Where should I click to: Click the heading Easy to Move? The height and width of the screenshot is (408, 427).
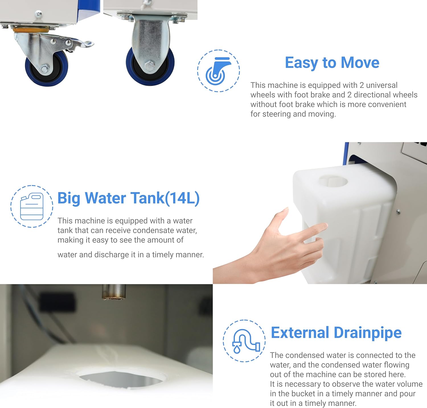point(332,63)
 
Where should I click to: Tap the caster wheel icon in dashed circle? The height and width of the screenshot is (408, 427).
point(218,71)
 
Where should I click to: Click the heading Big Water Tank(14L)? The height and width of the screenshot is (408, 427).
point(128,198)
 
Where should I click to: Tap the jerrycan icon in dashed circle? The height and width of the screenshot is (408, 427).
point(32,207)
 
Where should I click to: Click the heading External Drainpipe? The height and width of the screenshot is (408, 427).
point(336,333)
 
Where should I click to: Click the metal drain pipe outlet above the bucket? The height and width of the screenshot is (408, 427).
point(114,292)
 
